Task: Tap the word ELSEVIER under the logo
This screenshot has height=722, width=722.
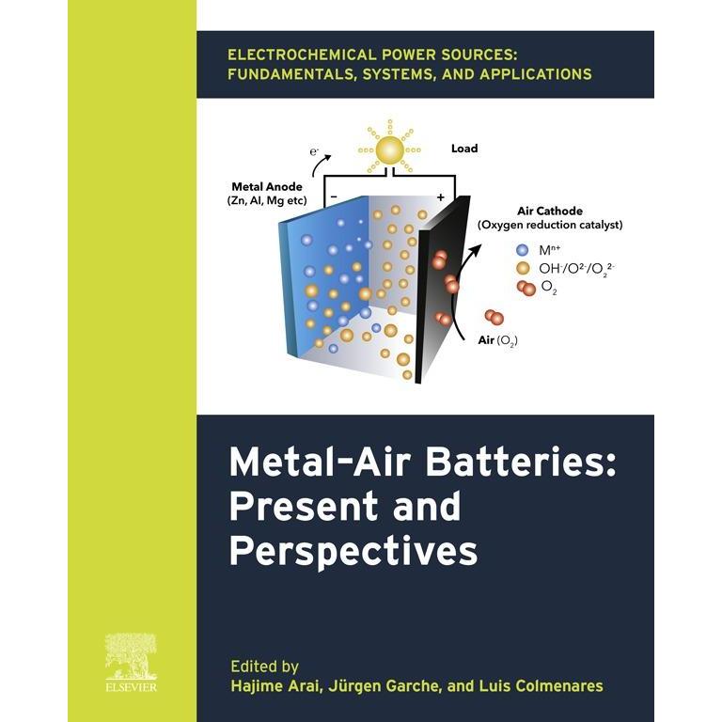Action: click(x=132, y=687)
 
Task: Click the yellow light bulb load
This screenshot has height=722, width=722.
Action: click(x=389, y=149)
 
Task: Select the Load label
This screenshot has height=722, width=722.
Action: click(x=464, y=149)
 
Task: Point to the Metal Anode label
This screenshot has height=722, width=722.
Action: click(x=267, y=186)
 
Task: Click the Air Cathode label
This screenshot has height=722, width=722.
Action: click(x=550, y=211)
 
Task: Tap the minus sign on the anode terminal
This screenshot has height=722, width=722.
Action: click(x=334, y=196)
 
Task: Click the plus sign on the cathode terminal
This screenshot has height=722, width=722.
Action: click(x=441, y=197)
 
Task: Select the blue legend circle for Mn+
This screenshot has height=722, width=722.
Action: click(x=522, y=249)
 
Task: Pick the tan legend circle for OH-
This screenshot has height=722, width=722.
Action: click(x=522, y=268)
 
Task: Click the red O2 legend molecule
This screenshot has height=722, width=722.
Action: click(x=526, y=289)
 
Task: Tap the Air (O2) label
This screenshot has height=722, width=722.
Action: click(x=497, y=340)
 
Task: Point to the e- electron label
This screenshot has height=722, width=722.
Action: click(x=314, y=151)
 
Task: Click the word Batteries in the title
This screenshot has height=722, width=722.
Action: click(x=521, y=462)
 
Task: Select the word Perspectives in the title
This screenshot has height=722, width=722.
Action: click(x=353, y=552)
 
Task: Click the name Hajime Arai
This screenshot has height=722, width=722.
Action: click(x=275, y=685)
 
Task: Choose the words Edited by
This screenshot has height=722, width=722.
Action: click(x=265, y=667)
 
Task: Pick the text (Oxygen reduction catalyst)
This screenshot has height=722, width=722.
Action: click(x=550, y=226)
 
